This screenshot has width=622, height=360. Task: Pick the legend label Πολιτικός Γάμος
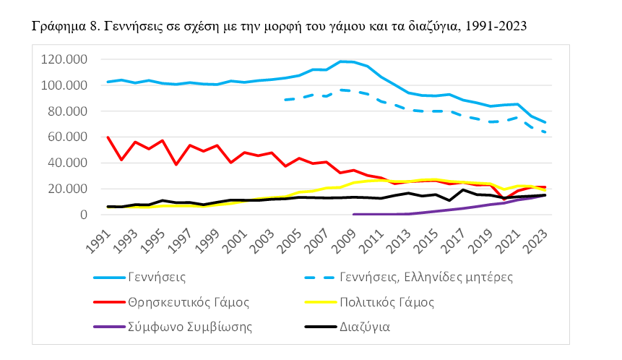387,301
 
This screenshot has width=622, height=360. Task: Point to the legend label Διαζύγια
365,326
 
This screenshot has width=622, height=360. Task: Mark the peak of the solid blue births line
340,61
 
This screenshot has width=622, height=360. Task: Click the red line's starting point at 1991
108,137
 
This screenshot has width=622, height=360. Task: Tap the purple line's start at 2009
353,214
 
